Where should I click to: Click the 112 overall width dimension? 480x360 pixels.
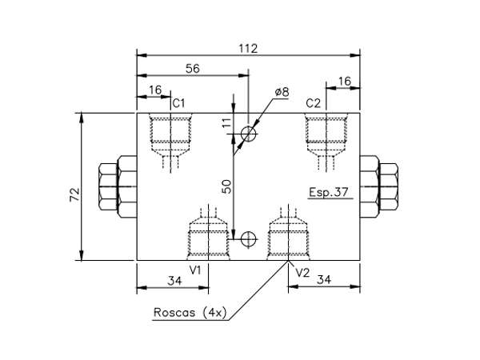pyautogui.click(x=248, y=48)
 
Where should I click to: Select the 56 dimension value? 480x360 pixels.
pyautogui.click(x=192, y=70)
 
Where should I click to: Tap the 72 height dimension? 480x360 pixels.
pyautogui.click(x=74, y=194)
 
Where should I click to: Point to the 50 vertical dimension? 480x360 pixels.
pyautogui.click(x=226, y=186)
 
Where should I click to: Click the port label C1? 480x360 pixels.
pyautogui.click(x=179, y=103)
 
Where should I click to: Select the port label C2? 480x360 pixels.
pyautogui.click(x=313, y=103)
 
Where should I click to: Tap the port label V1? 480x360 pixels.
pyautogui.click(x=194, y=270)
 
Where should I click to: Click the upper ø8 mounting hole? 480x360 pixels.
pyautogui.click(x=249, y=133)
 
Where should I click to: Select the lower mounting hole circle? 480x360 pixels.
pyautogui.click(x=249, y=238)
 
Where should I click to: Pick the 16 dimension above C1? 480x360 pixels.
pyautogui.click(x=154, y=90)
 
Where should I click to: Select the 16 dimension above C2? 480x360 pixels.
pyautogui.click(x=345, y=81)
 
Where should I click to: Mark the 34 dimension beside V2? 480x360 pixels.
pyautogui.click(x=324, y=280)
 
